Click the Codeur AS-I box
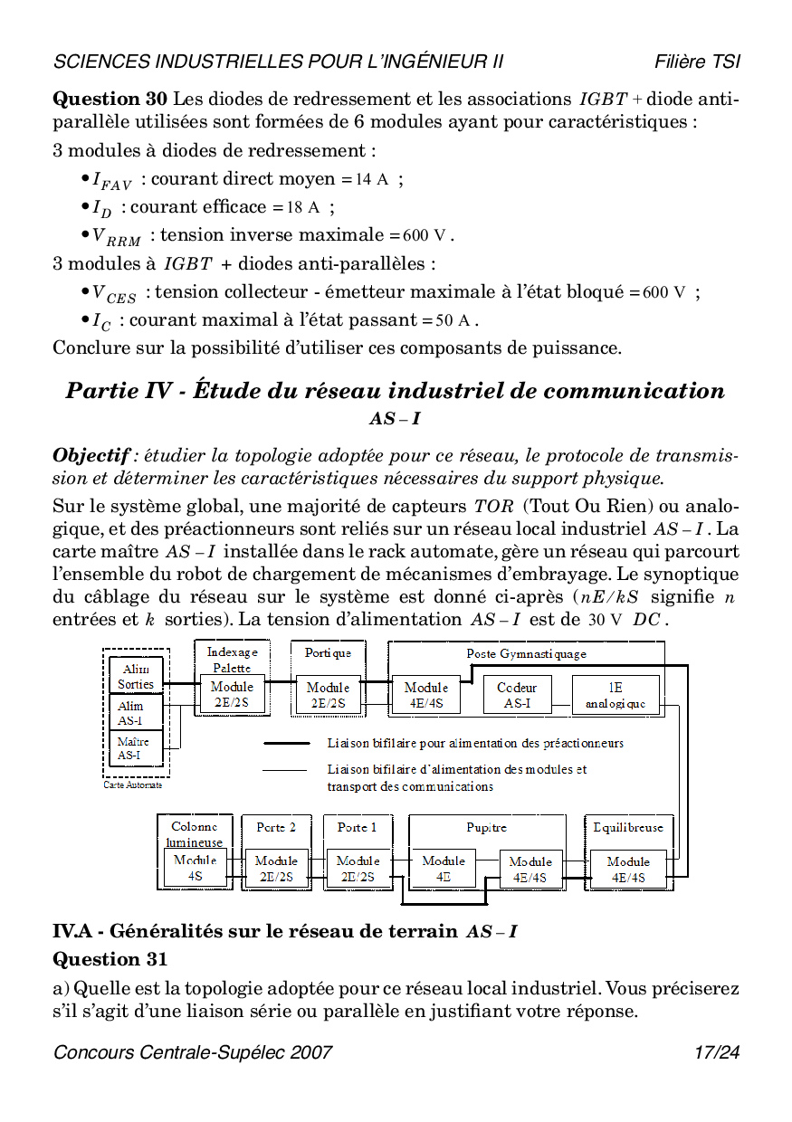(518, 695)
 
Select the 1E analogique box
(615, 695)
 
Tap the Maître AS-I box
(134, 747)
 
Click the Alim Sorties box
(136, 676)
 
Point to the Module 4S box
(196, 868)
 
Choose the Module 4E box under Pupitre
(444, 868)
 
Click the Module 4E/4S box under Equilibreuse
(628, 869)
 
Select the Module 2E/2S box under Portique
(328, 694)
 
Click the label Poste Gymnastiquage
(526, 653)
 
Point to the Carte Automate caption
(133, 784)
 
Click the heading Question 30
(110, 99)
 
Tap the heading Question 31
(110, 958)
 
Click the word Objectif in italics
(92, 455)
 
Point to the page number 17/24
(717, 1052)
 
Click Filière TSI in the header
(697, 62)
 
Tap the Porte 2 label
(276, 827)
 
